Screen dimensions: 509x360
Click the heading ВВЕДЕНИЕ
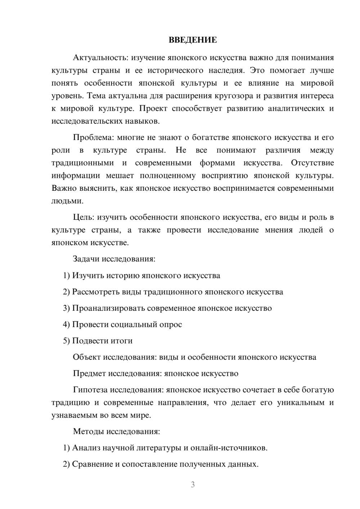click(x=193, y=40)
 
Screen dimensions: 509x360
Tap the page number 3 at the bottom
click(x=193, y=485)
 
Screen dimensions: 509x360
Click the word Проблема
click(x=92, y=138)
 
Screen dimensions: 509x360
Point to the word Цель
click(x=84, y=217)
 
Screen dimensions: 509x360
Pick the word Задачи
click(x=86, y=259)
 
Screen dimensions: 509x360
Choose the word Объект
click(x=87, y=357)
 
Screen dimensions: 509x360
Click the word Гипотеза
click(x=90, y=390)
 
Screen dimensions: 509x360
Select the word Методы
click(x=88, y=432)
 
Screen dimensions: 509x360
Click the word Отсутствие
click(x=312, y=163)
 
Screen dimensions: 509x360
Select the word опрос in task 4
click(x=171, y=325)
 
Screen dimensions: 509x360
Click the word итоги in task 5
click(x=122, y=341)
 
